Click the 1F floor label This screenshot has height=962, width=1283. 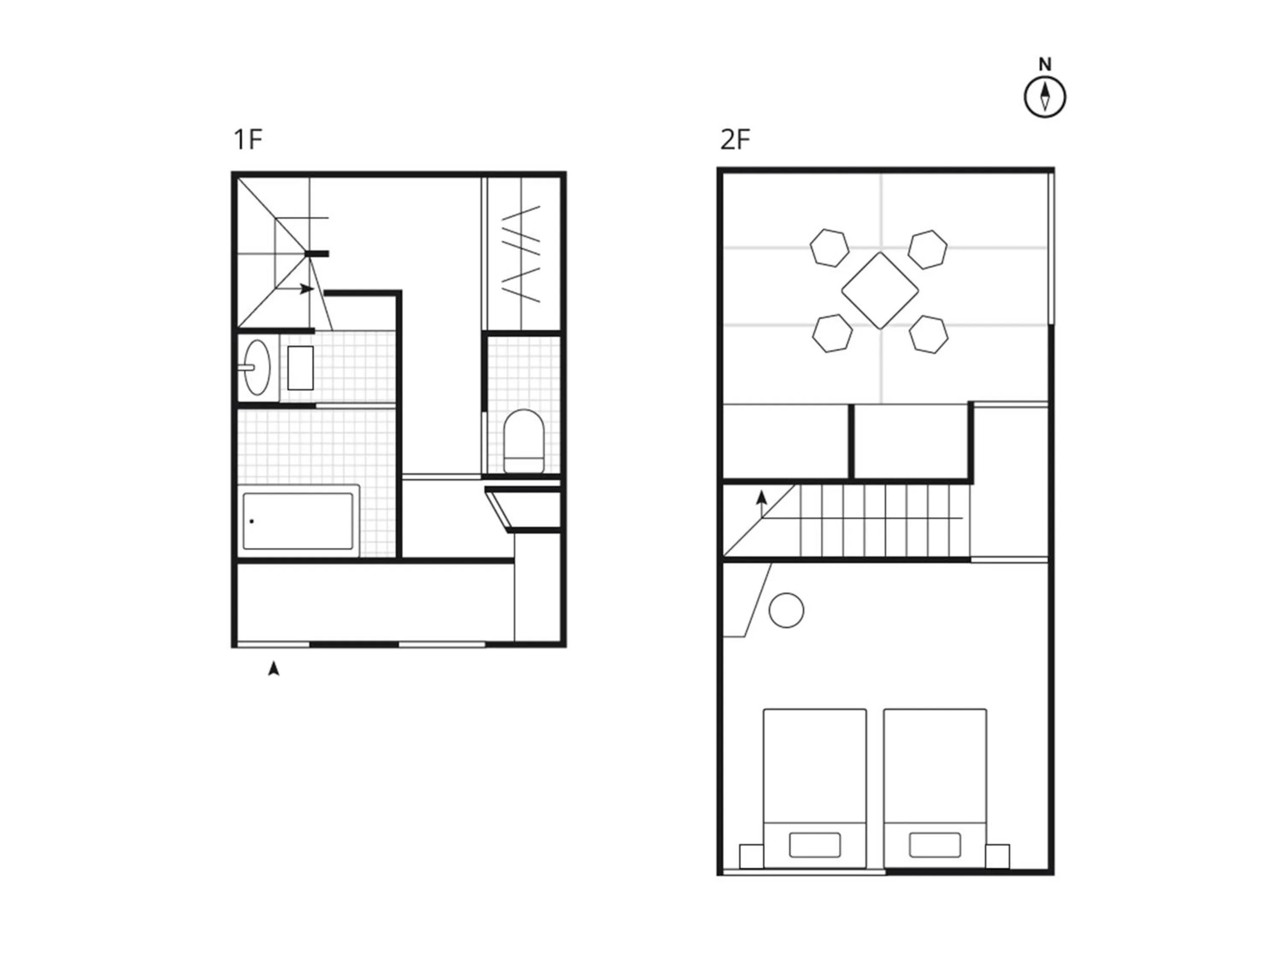248,140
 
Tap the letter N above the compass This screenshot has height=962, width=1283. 1045,65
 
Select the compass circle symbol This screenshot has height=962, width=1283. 1045,97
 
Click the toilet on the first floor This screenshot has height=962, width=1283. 524,441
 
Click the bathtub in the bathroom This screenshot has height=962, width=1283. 298,521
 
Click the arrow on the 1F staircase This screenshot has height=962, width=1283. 307,289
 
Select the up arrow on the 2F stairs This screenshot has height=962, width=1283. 762,505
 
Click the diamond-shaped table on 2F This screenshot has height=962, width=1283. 880,290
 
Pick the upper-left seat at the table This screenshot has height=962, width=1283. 829,248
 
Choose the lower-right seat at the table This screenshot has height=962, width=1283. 928,334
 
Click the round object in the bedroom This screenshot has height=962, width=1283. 786,610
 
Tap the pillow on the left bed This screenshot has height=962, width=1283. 815,845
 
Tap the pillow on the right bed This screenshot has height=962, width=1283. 934,845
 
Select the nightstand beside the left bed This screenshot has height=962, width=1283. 751,856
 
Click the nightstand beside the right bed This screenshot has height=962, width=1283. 998,856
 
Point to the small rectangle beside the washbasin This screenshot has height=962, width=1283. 301,368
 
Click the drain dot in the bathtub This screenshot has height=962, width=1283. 252,521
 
